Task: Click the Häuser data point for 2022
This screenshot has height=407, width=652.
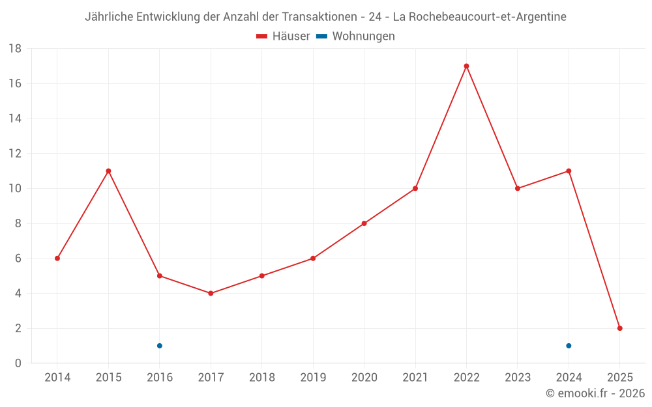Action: pos(466,66)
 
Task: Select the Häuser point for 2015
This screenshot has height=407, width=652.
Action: pos(108,171)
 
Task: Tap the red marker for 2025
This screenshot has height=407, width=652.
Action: pos(619,328)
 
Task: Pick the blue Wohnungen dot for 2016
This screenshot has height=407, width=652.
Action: pos(159,346)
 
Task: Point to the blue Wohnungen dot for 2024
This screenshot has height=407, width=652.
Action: pos(569,346)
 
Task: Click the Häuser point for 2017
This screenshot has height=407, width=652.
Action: pos(211,293)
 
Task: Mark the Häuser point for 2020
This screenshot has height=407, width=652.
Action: pos(364,223)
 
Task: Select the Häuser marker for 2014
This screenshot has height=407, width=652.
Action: pos(57,259)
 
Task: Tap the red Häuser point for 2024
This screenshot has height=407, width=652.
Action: pos(569,171)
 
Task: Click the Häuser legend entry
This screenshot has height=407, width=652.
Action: pos(283,36)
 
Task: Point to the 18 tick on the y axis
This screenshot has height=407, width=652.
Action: pos(15,49)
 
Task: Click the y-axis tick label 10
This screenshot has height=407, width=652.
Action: pos(15,189)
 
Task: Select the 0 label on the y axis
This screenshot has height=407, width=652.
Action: pos(18,363)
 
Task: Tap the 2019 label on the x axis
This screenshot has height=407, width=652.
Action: pos(313,378)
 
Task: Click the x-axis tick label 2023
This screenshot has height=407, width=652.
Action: pos(518,378)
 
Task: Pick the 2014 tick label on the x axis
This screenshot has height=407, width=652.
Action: pos(57,378)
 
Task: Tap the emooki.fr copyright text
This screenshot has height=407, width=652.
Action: pos(595,393)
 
